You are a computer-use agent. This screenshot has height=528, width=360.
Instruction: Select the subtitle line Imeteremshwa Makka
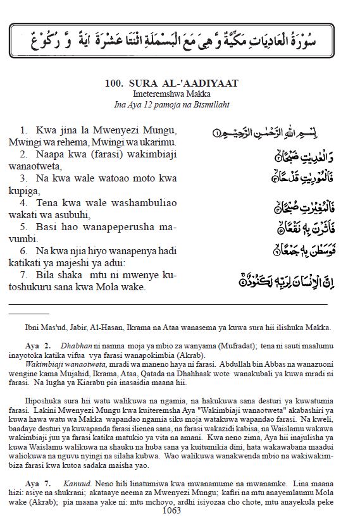pyautogui.click(x=180, y=93)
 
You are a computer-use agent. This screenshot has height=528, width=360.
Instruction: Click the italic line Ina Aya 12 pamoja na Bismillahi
pyautogui.click(x=180, y=103)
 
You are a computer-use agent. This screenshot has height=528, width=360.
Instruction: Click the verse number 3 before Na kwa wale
pyautogui.click(x=23, y=179)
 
